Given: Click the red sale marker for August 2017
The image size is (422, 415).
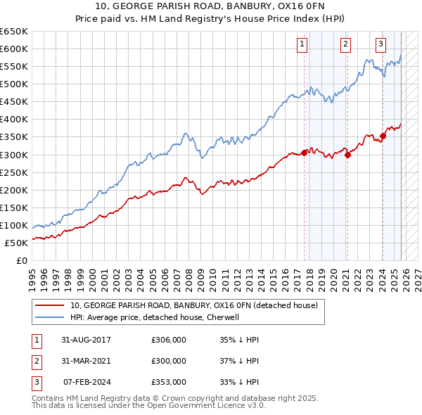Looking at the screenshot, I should [x=305, y=152].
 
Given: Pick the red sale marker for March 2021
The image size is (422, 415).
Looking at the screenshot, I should [x=348, y=155].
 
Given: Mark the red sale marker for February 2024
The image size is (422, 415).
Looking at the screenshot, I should [x=383, y=136].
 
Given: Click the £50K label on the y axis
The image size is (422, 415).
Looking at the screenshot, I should [x=16, y=243].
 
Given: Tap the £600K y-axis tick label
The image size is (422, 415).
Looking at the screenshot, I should [x=14, y=49].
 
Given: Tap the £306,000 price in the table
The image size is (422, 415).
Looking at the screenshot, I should [x=169, y=340].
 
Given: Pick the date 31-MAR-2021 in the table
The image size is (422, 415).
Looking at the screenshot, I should [x=87, y=361].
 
